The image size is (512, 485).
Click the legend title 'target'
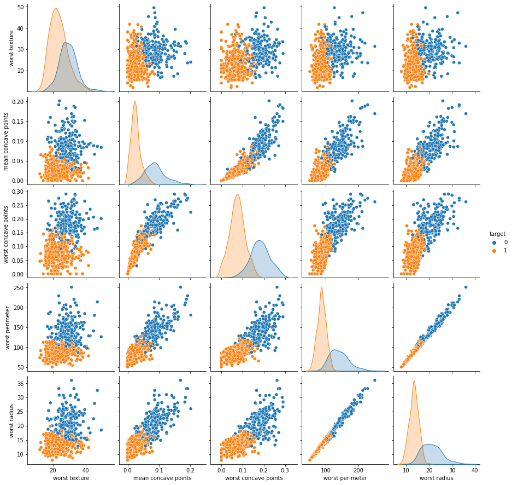point(498,234)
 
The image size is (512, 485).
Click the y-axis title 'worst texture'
point(12,49)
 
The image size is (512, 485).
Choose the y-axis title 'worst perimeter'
point(12,325)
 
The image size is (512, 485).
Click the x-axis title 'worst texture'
point(71,478)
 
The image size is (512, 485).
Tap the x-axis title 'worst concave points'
point(255,478)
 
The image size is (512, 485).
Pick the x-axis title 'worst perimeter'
point(346,478)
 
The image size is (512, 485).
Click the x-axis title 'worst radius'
point(438,478)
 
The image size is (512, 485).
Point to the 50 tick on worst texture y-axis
point(20,7)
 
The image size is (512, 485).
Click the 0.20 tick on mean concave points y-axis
point(18,102)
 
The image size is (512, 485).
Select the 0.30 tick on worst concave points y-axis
point(18,192)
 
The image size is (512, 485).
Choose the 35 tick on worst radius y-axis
point(20,384)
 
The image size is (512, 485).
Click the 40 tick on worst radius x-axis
point(474,470)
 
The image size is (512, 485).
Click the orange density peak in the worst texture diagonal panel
point(56,9)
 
